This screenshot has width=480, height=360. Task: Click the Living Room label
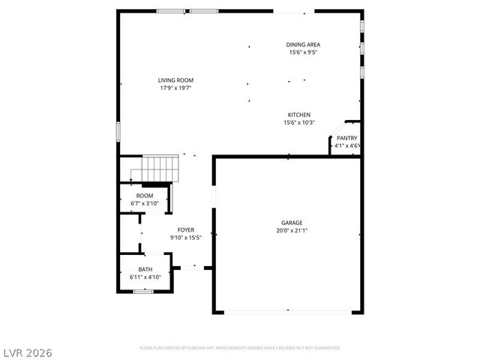click(175, 80)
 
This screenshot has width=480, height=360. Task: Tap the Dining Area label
click(303, 44)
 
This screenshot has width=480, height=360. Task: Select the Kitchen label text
click(298, 115)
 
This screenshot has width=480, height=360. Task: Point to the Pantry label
click(346, 138)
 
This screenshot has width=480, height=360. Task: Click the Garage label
click(292, 223)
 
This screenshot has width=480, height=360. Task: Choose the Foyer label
click(186, 229)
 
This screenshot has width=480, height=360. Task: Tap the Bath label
click(145, 269)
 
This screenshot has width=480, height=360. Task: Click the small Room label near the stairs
click(144, 195)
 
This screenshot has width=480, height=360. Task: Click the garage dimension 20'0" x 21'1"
click(292, 231)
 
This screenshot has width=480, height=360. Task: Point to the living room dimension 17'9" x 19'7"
click(175, 88)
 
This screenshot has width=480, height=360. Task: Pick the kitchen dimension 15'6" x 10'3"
click(298, 123)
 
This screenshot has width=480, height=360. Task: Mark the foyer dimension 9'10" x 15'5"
click(186, 238)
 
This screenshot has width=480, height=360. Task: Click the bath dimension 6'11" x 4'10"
click(145, 277)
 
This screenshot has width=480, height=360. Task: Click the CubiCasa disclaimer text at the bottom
click(240, 348)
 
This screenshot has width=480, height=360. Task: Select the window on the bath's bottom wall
click(144, 292)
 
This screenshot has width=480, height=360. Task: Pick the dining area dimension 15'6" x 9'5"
click(303, 52)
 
